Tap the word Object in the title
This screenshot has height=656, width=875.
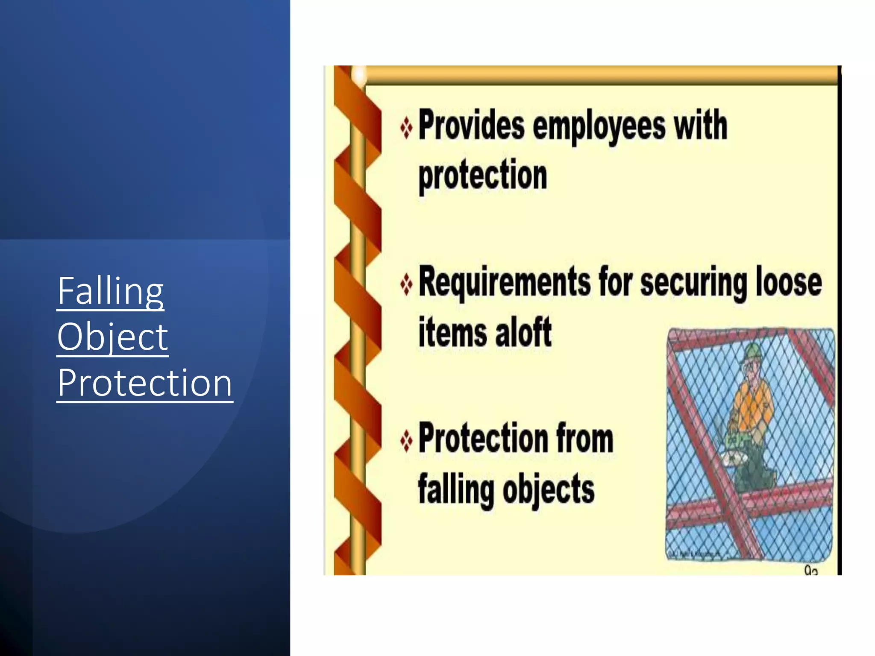tap(113, 337)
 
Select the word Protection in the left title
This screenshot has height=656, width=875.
tap(145, 383)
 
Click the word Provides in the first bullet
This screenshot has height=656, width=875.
tap(471, 125)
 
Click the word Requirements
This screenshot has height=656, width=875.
tap(504, 282)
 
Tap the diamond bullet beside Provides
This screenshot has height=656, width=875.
tap(406, 128)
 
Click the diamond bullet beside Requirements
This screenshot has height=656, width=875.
tap(406, 284)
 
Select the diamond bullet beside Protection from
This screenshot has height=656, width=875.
tap(406, 440)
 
